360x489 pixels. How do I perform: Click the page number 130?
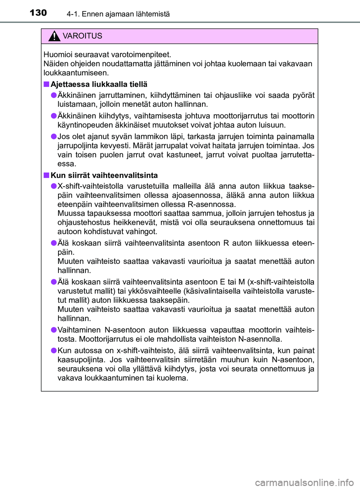(x=38, y=13)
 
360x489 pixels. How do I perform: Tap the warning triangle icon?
(x=54, y=36)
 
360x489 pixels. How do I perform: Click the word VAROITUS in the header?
(x=82, y=36)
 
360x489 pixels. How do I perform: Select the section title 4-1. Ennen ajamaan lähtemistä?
(x=118, y=14)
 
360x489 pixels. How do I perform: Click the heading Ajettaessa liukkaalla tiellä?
(x=99, y=84)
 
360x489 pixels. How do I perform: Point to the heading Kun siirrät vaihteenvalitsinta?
(x=104, y=175)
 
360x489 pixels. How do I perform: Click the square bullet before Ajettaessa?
(x=46, y=84)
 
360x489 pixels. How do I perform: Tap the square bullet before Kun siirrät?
(x=46, y=175)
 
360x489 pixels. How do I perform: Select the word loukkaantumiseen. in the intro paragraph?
(x=76, y=73)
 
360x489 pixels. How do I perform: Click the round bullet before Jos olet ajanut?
(x=54, y=136)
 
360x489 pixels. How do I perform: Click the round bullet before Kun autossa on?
(x=54, y=350)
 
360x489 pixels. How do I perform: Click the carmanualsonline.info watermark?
(x=304, y=483)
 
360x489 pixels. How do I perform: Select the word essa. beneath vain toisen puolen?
(x=67, y=164)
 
